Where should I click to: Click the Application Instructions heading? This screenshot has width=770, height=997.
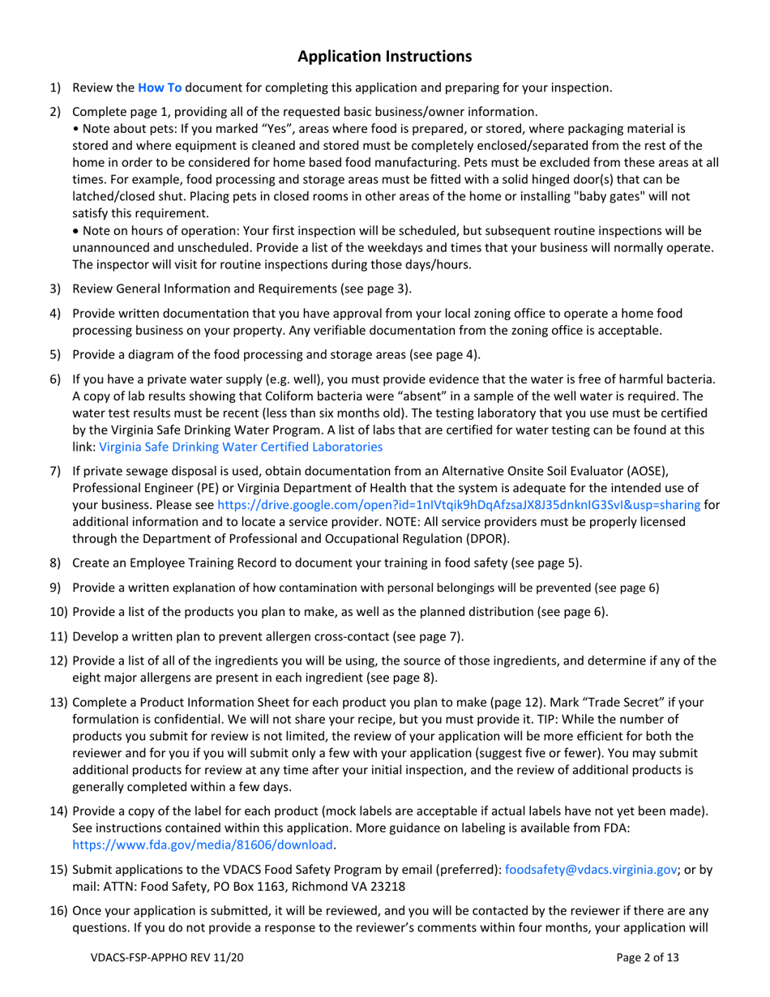pyautogui.click(x=384, y=56)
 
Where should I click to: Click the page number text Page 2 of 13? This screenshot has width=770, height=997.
pyautogui.click(x=648, y=958)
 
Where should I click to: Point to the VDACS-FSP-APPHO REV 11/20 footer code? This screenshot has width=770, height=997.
pyautogui.click(x=167, y=958)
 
